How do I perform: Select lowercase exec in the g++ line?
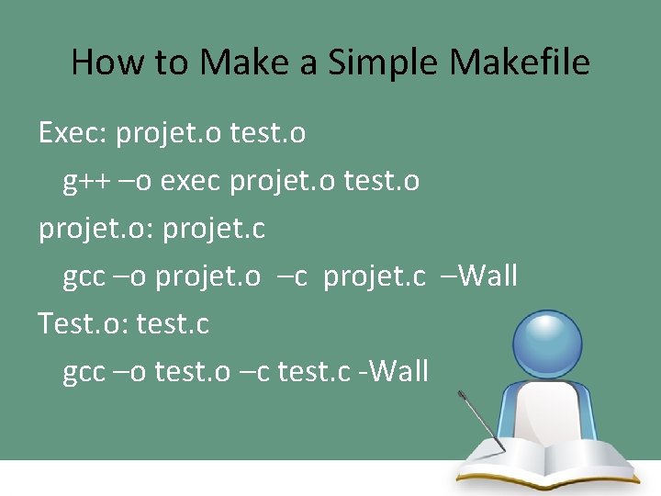tap(191, 182)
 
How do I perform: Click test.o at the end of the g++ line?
tap(381, 182)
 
